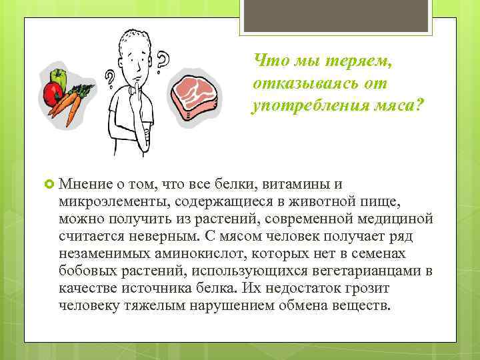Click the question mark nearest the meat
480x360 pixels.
[x=163, y=63]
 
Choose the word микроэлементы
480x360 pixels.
[x=108, y=201]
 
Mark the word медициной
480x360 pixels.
[x=391, y=219]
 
